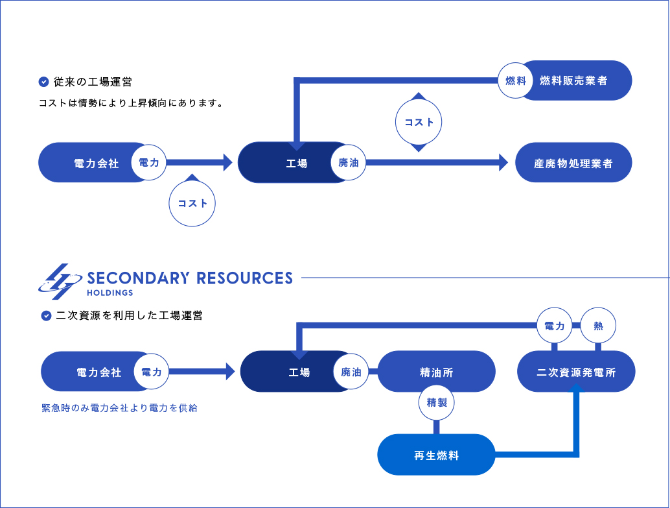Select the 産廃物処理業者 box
(573, 163)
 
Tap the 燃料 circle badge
(516, 80)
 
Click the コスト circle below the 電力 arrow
(192, 203)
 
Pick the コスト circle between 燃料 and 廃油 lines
(419, 122)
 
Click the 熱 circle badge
(598, 326)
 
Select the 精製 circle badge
(437, 402)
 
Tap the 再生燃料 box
(436, 455)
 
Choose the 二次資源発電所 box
(576, 372)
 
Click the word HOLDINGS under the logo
(110, 292)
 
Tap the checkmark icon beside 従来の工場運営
(44, 82)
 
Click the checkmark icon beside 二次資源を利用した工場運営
(46, 316)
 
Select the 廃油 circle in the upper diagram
(349, 163)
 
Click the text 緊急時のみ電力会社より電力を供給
(119, 408)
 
